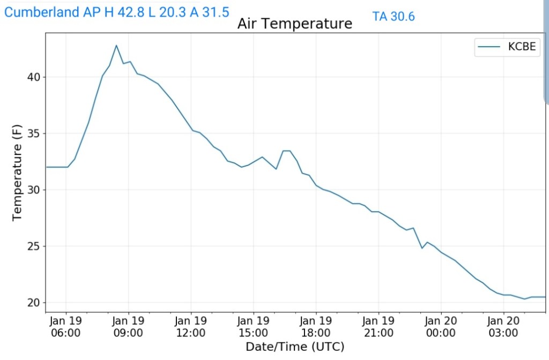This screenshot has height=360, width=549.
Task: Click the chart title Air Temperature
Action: tap(294, 24)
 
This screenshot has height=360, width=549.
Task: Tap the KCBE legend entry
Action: tap(506, 47)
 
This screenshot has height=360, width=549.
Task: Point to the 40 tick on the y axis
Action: tap(33, 77)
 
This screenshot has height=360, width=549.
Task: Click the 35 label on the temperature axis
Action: tap(33, 133)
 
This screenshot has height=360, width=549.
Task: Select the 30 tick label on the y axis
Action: tap(33, 190)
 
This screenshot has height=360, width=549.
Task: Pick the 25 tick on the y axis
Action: tap(33, 246)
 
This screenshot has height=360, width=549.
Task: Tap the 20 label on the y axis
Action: tap(33, 303)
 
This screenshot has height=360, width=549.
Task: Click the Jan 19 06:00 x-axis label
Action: tap(66, 326)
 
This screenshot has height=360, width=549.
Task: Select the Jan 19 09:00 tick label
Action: tap(129, 326)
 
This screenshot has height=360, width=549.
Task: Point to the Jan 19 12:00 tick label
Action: tap(191, 326)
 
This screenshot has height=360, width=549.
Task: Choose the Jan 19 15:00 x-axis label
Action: tap(254, 326)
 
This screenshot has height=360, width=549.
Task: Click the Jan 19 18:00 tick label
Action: tap(316, 326)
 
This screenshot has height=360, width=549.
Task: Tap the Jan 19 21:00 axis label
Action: tap(379, 326)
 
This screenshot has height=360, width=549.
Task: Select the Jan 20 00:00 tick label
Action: tap(441, 326)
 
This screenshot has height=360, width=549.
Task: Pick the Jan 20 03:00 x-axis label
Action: tap(503, 326)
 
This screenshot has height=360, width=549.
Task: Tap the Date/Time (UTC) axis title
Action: tap(295, 347)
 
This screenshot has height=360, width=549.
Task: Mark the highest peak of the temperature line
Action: tap(116, 45)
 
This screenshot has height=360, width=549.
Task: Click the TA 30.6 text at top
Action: tap(394, 17)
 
